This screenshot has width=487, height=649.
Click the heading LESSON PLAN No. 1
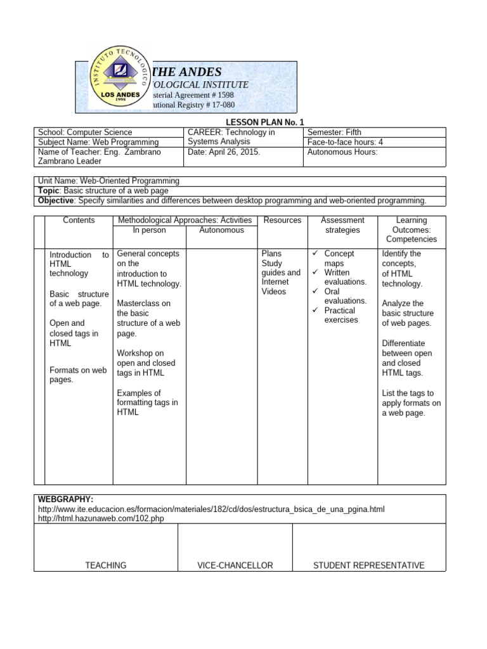[261, 122]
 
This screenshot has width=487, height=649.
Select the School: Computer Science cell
[86, 132]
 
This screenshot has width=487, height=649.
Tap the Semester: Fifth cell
[334, 132]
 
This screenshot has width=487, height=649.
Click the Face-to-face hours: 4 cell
[345, 142]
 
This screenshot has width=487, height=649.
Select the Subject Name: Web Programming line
[98, 143]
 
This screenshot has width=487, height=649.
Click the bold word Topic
[49, 191]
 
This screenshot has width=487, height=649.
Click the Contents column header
[79, 221]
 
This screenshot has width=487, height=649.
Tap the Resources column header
[282, 221]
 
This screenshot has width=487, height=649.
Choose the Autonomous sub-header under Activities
[221, 230]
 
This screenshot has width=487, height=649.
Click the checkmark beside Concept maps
[315, 254]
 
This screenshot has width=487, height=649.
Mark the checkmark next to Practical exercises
[315, 311]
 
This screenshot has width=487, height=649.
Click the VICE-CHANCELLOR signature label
[235, 565]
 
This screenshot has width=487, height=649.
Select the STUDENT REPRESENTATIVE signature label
[368, 565]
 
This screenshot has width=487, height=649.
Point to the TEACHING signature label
[105, 565]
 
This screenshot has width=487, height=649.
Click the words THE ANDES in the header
[184, 72]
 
